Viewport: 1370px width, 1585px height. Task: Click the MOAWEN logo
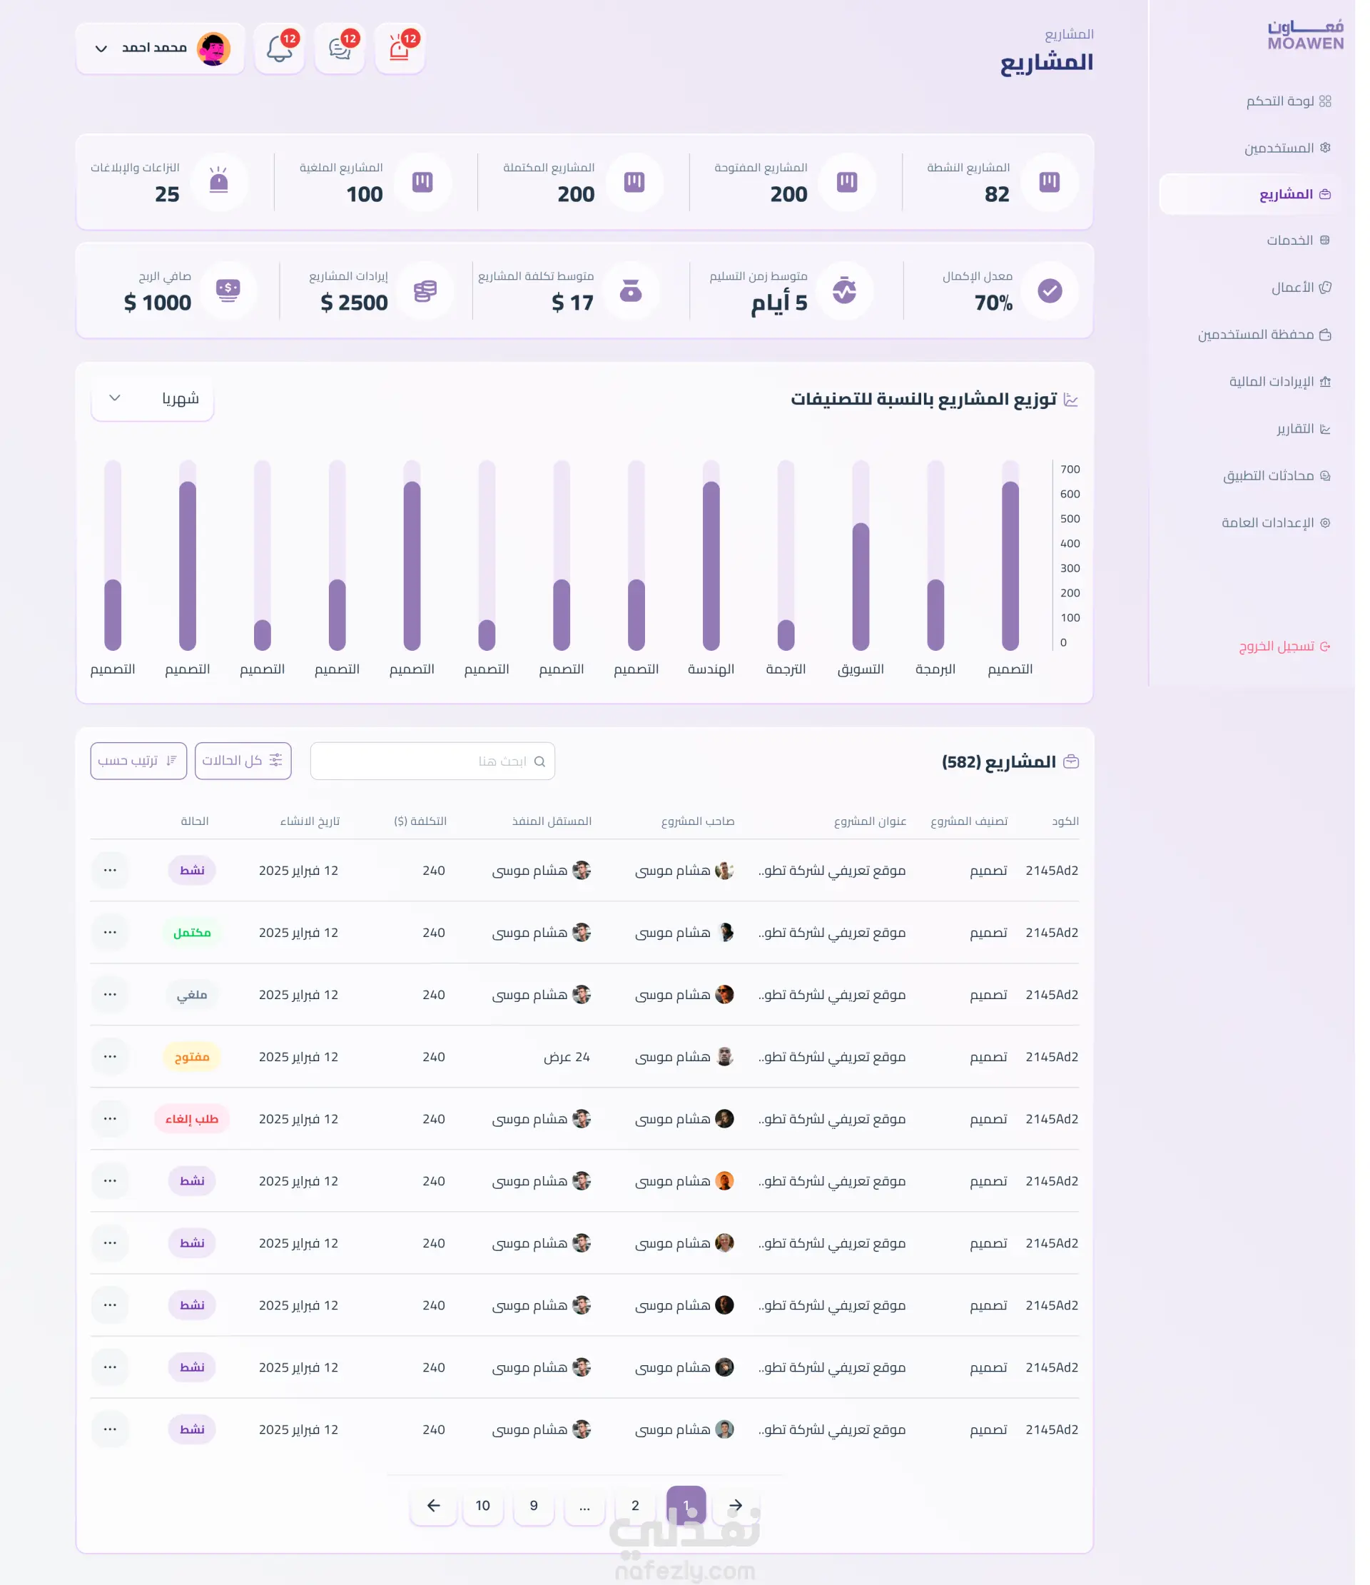[x=1319, y=35]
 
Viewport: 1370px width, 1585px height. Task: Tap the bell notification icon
[x=283, y=50]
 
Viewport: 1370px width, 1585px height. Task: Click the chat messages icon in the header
[x=343, y=50]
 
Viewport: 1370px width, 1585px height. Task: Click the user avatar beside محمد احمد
[x=215, y=50]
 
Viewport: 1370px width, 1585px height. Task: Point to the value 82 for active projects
[x=1008, y=196]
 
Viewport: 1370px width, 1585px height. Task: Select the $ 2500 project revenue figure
[x=358, y=306]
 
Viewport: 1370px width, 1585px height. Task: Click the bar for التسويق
[x=870, y=593]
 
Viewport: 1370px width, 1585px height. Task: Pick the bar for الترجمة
[x=794, y=642]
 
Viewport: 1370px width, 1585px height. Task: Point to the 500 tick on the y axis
[x=1082, y=524]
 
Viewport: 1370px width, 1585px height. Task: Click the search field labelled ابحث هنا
[x=437, y=769]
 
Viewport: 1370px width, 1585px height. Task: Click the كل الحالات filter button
[x=245, y=769]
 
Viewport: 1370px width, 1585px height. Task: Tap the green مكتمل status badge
[x=194, y=943]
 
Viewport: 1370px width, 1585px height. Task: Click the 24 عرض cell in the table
[x=573, y=1068]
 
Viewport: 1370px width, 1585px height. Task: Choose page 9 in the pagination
[x=539, y=1521]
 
